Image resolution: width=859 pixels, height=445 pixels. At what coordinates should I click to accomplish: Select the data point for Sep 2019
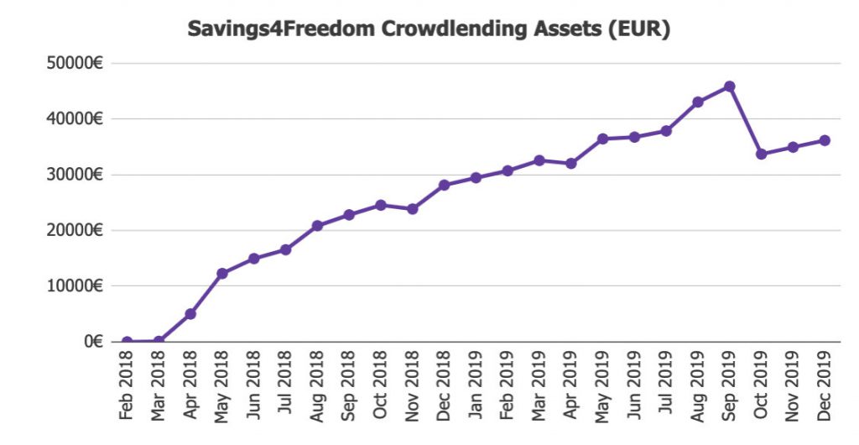click(x=729, y=86)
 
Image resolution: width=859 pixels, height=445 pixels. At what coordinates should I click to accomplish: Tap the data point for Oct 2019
click(x=761, y=154)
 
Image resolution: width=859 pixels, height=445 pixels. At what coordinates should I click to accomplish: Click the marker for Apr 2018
click(x=190, y=314)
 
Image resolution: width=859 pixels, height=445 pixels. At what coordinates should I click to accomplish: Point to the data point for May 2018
click(x=222, y=274)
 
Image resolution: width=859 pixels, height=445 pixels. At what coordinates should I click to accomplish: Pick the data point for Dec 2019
click(x=825, y=140)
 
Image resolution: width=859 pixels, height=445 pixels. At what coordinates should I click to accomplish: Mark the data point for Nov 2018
click(x=412, y=209)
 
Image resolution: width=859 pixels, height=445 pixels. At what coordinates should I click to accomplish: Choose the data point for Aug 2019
click(x=697, y=102)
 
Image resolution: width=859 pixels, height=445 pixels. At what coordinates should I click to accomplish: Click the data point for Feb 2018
click(x=127, y=342)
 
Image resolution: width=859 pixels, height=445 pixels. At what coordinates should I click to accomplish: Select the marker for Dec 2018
click(x=444, y=185)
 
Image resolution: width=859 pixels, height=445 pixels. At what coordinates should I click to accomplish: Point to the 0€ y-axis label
click(x=92, y=342)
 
